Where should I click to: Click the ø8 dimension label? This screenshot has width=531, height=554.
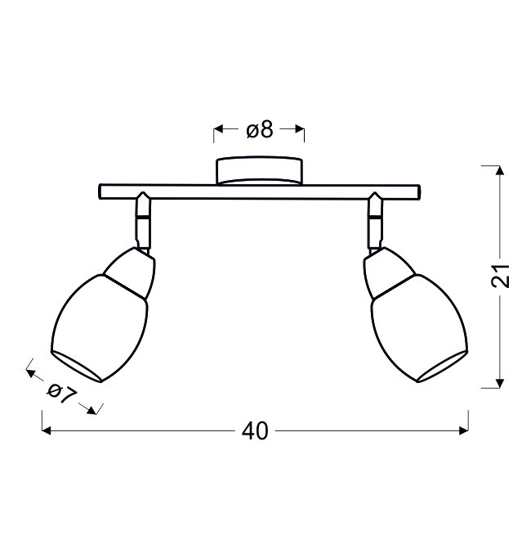[260, 129]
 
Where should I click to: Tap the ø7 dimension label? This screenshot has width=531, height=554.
[61, 394]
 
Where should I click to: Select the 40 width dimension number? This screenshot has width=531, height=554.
[255, 431]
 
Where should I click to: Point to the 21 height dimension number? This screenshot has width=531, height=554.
[501, 275]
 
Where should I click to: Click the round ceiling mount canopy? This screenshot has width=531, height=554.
[259, 171]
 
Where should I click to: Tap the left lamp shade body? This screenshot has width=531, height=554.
[100, 328]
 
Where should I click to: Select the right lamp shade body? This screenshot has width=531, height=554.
[420, 328]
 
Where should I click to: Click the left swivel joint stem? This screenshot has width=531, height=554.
[144, 222]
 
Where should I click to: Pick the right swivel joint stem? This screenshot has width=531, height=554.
[375, 222]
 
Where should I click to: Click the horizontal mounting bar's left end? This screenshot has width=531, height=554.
[100, 191]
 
